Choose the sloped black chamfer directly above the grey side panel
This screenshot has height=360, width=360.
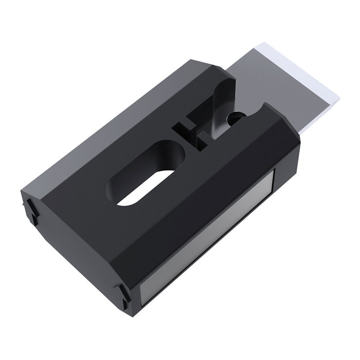coord(206,195)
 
